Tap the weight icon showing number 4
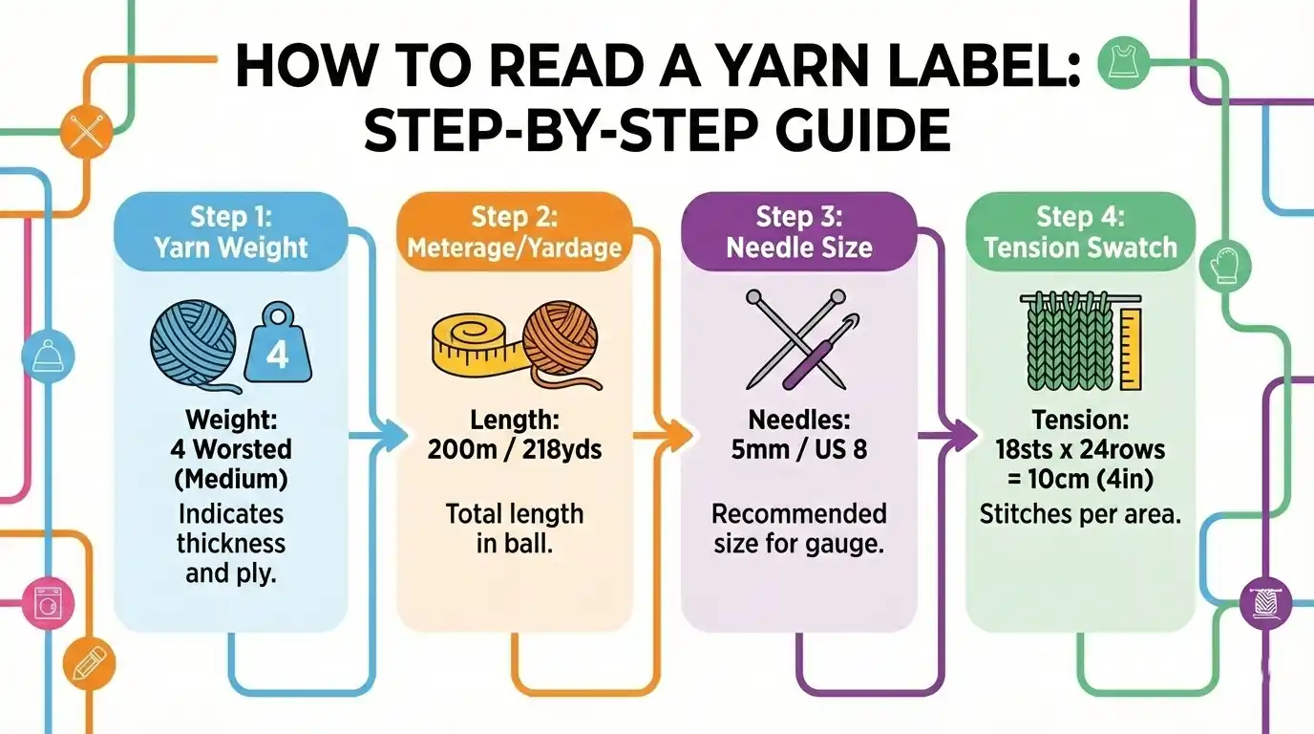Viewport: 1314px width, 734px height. pyautogui.click(x=276, y=351)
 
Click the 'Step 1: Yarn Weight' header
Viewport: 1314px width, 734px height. pyautogui.click(x=230, y=231)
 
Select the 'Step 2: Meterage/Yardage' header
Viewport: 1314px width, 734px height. pyautogui.click(x=514, y=231)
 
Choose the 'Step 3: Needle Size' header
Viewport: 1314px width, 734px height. pyautogui.click(x=798, y=231)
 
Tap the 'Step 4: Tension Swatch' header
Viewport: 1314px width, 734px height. pyautogui.click(x=1080, y=231)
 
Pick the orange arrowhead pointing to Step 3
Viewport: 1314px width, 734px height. pyautogui.click(x=676, y=437)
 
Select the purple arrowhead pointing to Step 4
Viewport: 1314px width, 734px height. pyautogui.click(x=958, y=437)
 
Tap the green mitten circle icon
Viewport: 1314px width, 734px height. pyautogui.click(x=1224, y=265)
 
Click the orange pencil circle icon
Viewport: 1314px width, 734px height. pyautogui.click(x=88, y=661)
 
